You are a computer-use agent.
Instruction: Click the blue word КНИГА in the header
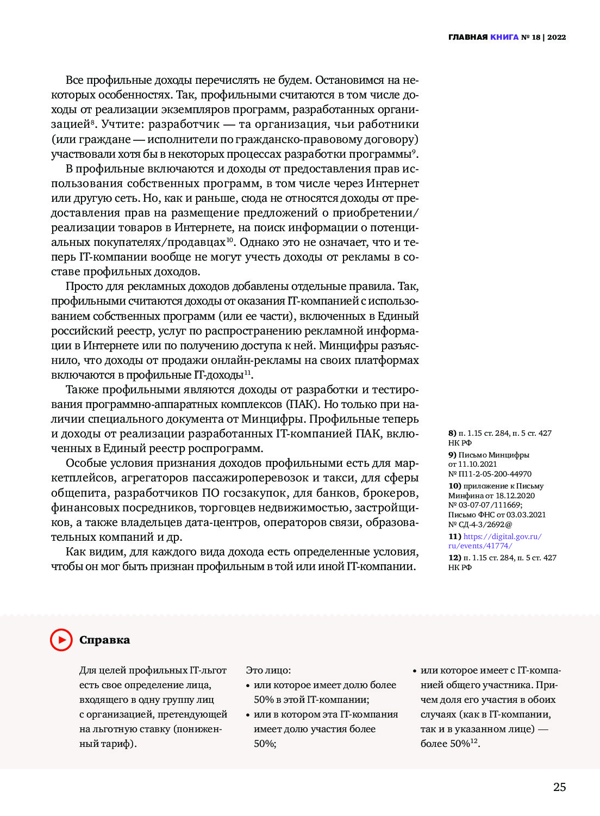pos(504,38)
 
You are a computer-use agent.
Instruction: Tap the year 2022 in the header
pos(557,38)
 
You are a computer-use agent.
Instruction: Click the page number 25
pos(559,787)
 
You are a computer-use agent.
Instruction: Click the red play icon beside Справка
pos(61,640)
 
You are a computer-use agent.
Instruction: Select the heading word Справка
pos(104,640)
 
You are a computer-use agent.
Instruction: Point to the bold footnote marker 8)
pos(452,434)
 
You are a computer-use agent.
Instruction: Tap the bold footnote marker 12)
pos(454,558)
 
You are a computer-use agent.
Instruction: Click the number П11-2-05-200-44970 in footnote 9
pos(495,474)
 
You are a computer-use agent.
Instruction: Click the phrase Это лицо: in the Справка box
pos(268,671)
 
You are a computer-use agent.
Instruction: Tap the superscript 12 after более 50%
pos(474,741)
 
